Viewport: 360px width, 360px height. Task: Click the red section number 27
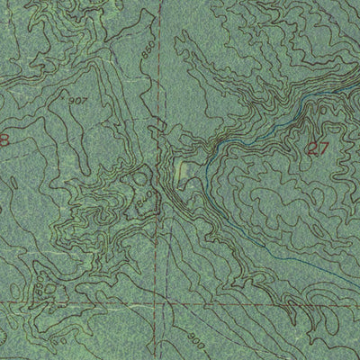point(316,150)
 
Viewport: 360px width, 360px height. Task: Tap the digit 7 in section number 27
point(322,150)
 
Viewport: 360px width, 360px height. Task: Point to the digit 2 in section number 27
point(310,150)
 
